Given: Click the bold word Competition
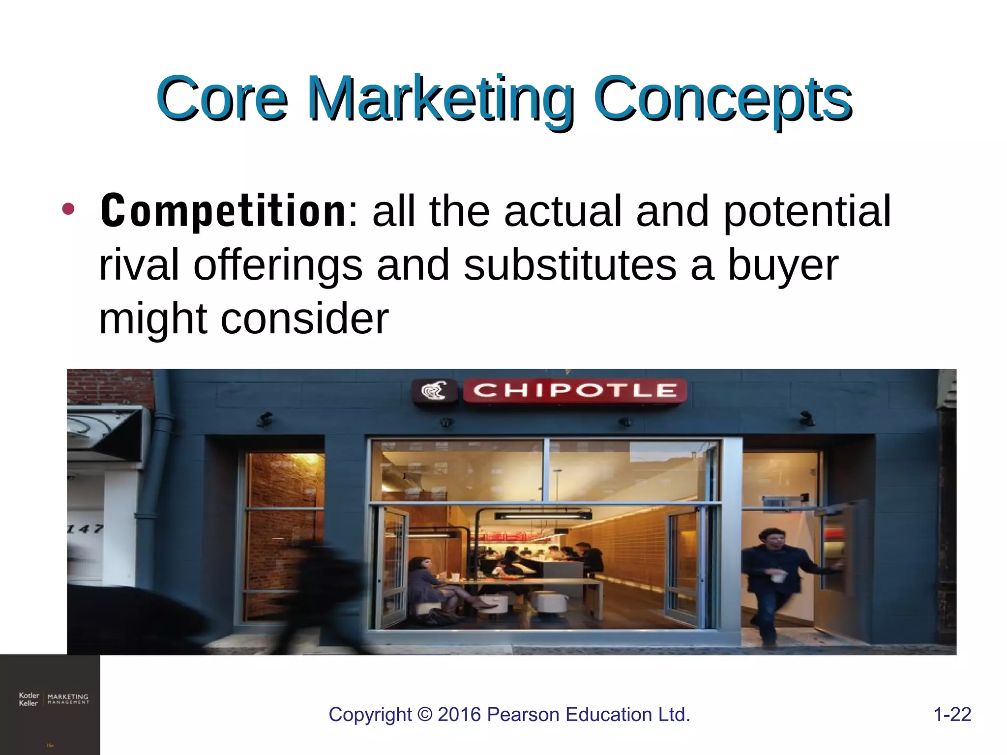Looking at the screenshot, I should click(x=224, y=211).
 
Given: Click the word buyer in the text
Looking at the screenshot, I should click(x=783, y=265).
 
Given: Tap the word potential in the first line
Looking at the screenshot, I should click(x=806, y=211).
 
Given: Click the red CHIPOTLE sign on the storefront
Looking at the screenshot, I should click(x=574, y=391).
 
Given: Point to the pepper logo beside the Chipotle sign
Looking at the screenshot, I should click(x=434, y=391).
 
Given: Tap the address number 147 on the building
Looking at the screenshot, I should click(x=85, y=529).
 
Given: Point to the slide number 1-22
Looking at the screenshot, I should click(x=952, y=714).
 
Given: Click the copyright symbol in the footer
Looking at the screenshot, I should click(x=424, y=715).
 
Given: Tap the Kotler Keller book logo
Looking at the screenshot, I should click(x=53, y=699).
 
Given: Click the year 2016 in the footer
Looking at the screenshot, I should click(x=459, y=715).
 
